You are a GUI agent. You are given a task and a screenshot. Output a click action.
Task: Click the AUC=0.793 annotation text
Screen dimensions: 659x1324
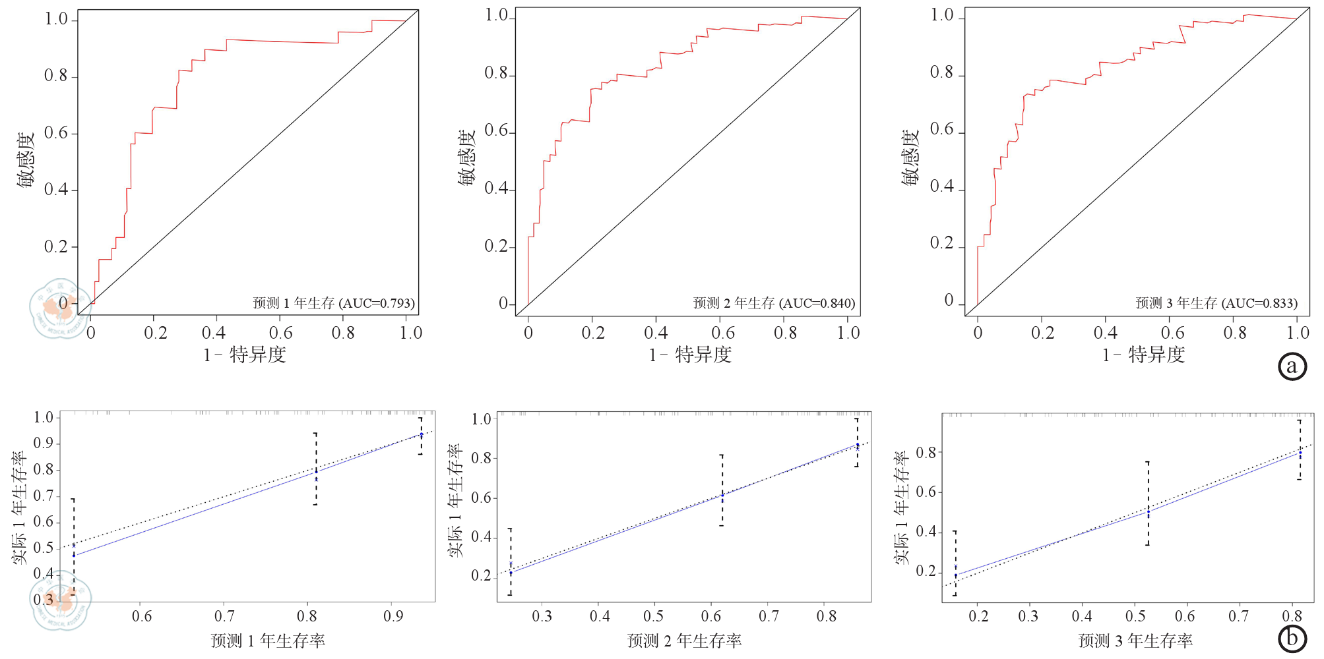tap(377, 303)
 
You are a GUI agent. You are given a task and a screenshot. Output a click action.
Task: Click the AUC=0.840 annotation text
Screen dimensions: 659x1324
tap(817, 303)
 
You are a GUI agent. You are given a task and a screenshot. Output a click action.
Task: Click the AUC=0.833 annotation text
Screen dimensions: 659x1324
tap(1259, 303)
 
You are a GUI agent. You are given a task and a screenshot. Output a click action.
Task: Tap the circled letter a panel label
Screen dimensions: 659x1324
tap(1292, 366)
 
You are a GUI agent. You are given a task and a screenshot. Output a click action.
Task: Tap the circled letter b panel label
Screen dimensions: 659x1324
tap(1292, 638)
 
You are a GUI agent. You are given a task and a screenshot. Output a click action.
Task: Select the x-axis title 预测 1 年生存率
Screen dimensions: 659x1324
tap(268, 641)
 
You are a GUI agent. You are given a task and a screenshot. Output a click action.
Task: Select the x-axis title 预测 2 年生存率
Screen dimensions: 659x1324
tap(684, 641)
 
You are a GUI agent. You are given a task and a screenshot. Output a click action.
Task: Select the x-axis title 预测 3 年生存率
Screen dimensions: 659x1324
tap(1135, 641)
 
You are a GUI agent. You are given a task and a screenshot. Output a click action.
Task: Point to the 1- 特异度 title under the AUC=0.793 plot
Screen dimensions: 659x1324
tap(245, 355)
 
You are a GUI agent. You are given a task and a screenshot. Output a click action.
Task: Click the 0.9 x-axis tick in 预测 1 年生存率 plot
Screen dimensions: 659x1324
tap(393, 616)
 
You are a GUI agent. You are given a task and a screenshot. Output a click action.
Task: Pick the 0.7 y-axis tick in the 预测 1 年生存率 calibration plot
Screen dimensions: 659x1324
tap(44, 496)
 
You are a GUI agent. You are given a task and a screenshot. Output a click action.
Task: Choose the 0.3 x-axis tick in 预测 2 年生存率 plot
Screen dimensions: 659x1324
tap(542, 616)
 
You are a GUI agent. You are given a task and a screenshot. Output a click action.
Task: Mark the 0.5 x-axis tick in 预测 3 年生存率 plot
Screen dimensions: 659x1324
tap(1135, 616)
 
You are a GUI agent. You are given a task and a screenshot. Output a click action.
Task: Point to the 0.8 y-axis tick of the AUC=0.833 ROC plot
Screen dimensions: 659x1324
tap(941, 72)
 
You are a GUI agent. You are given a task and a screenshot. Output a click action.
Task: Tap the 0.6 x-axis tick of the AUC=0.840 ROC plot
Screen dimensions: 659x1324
tap(723, 333)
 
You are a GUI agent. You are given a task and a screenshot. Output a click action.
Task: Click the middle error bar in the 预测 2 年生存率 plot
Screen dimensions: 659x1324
tap(722, 490)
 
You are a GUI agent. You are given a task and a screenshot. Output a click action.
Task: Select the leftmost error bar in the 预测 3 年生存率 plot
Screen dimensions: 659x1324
tap(955, 563)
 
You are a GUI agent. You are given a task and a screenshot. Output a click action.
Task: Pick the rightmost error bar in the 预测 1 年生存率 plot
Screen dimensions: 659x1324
tap(420, 436)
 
